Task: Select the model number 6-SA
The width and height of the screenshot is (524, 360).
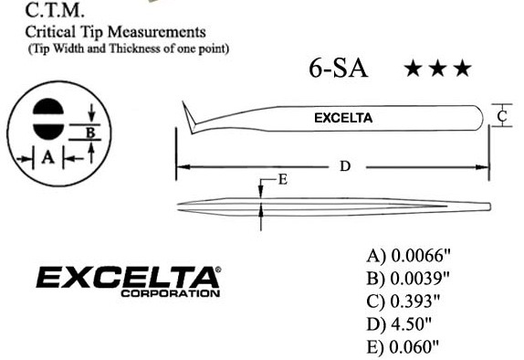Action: coord(339,69)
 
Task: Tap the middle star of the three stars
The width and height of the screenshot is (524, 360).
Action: coord(438,69)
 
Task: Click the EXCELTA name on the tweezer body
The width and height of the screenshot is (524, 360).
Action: coord(342,118)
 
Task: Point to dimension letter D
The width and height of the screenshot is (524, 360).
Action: coord(345,166)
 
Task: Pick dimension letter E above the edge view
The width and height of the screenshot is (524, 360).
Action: coord(283,179)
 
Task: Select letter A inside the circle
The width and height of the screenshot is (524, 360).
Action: coord(47,157)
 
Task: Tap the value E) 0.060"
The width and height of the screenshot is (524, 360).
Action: coord(399,346)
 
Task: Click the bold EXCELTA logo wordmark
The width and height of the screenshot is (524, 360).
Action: coord(128,277)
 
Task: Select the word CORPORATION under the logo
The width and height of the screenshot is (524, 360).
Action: coord(170,293)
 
